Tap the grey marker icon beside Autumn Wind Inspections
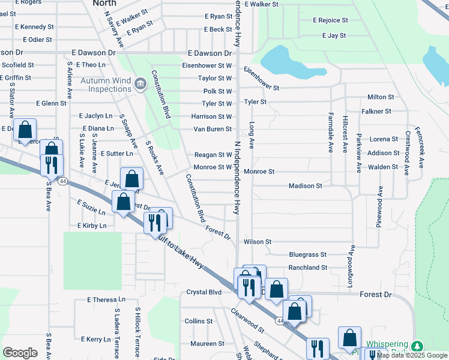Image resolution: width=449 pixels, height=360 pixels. point(140,83)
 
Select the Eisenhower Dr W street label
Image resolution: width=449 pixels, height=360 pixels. point(207,65)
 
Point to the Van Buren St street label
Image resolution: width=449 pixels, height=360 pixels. point(212,129)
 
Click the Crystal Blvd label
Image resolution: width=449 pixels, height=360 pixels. point(203,292)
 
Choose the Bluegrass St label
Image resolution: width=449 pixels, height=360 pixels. point(307,255)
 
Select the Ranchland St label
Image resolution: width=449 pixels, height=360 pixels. point(307,268)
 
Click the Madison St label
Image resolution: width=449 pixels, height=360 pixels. point(305,186)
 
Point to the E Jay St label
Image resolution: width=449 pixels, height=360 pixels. point(334,36)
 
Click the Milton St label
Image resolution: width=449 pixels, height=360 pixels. point(381,97)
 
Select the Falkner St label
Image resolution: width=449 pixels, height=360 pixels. point(376,112)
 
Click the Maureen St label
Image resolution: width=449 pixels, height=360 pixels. point(207,344)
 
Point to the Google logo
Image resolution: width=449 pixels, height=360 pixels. point(20,353)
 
